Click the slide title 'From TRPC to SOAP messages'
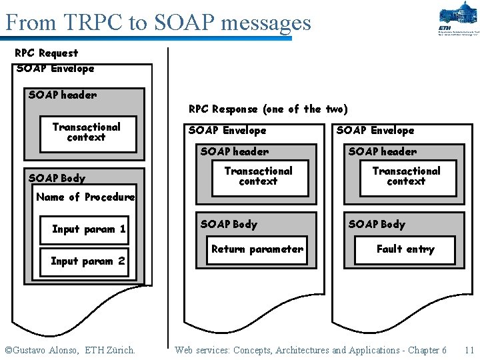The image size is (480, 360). click(158, 23)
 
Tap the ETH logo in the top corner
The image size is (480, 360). click(459, 19)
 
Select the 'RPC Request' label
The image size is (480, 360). click(47, 53)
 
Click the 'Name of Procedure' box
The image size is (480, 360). click(85, 197)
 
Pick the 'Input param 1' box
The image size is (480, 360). click(89, 229)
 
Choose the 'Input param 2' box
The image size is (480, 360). click(88, 261)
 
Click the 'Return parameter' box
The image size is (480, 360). click(257, 249)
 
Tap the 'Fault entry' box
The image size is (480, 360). click(405, 249)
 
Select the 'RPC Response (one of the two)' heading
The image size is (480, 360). click(268, 109)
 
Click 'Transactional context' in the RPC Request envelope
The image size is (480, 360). click(87, 132)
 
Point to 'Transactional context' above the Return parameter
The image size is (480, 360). click(259, 176)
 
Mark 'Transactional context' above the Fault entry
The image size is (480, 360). click(407, 176)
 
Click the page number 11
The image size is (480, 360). click(469, 350)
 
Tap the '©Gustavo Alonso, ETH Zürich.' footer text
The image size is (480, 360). click(70, 350)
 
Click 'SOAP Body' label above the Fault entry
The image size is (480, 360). click(377, 224)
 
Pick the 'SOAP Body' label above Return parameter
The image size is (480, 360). click(229, 224)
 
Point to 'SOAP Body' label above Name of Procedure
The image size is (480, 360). click(57, 178)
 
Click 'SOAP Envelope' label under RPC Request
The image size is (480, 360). click(55, 68)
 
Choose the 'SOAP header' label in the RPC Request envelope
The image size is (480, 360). click(63, 95)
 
